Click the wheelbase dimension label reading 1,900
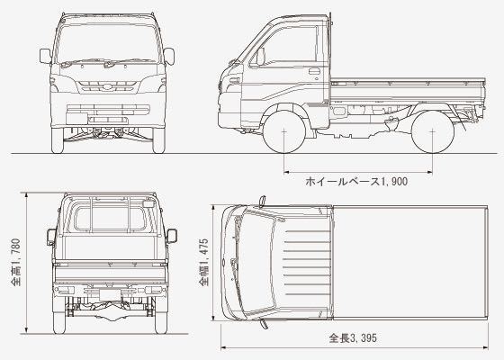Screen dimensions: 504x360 [356, 181]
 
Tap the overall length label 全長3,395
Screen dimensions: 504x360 [353, 338]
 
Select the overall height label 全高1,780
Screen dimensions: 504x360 [16, 262]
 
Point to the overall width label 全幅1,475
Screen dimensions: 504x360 [203, 262]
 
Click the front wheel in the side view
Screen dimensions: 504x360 [284, 131]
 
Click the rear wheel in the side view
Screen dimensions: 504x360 [432, 131]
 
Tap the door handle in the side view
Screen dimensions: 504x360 [314, 71]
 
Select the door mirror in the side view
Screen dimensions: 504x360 [260, 57]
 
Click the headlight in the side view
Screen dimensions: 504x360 [234, 80]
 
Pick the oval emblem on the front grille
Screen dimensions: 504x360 [107, 87]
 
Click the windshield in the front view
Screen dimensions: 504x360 [108, 43]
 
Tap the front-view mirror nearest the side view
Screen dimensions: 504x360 [169, 56]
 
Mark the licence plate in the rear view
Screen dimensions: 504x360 [110, 295]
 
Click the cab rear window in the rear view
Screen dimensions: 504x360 [110, 220]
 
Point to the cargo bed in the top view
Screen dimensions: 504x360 [410, 263]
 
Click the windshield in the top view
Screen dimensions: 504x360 [257, 263]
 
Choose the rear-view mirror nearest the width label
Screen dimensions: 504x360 [172, 236]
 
